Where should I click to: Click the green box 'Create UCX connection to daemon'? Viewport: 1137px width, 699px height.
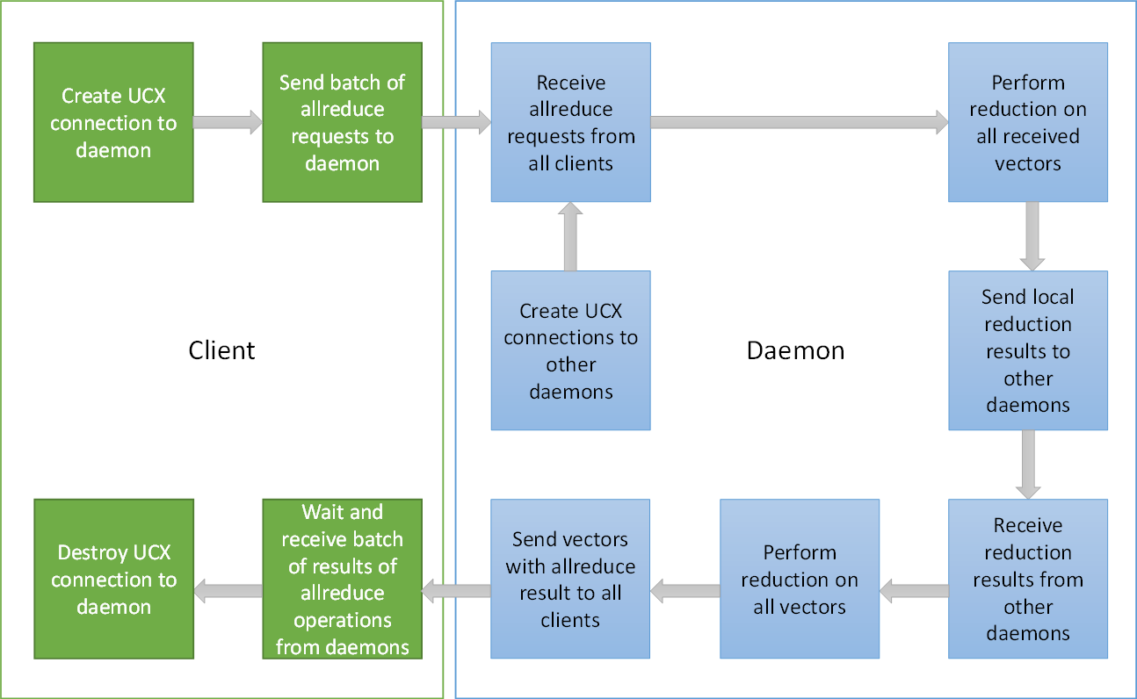113,123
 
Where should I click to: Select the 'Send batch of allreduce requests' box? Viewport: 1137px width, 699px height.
342,123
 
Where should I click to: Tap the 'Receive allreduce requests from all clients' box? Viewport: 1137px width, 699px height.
570,123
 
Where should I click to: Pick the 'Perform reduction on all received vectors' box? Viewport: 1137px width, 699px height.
1027,123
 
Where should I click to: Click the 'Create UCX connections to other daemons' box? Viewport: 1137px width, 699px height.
570,350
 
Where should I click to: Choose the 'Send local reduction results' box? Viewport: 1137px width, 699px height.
1027,350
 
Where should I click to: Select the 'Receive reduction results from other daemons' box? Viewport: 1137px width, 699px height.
1027,579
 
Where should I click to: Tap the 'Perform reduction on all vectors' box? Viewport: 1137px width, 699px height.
799,579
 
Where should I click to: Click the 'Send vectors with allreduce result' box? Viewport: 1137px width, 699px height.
570,579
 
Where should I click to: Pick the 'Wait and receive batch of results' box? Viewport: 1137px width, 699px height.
342,579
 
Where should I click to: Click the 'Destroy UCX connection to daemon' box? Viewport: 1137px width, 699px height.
113,579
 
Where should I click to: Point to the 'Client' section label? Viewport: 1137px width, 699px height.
221,350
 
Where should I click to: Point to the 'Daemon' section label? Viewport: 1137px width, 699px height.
795,350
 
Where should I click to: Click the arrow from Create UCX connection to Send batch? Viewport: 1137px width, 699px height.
228,123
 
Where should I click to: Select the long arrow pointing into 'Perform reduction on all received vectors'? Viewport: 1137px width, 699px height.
799,123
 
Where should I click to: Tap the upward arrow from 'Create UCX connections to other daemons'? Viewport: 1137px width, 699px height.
570,236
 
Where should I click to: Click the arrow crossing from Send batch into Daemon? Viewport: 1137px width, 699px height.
456,123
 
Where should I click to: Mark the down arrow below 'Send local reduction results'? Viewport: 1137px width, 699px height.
1027,465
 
